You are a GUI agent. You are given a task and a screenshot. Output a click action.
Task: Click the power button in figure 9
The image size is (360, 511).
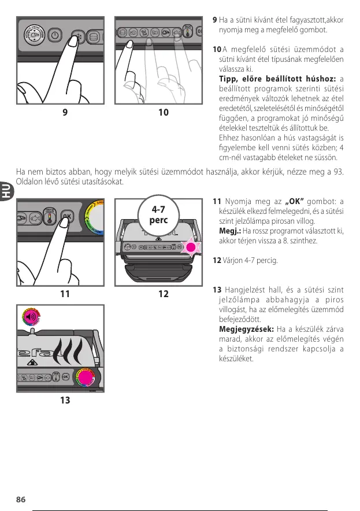pos(55,34)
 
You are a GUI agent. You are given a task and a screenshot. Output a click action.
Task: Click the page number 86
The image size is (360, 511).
pos(20,499)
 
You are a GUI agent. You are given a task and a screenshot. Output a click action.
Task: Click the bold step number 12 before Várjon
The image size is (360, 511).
pos(217,260)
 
